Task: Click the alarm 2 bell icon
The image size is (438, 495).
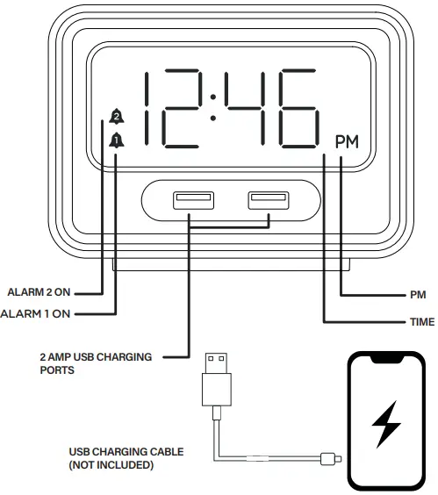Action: pos(116,114)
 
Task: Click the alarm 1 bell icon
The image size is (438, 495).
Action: pos(116,139)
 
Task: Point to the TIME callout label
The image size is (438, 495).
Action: pos(421,322)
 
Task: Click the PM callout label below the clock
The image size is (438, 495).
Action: pos(418,296)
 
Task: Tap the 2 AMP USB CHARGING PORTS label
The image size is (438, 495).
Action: pos(96,363)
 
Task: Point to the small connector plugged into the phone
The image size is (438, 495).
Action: pos(330,457)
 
